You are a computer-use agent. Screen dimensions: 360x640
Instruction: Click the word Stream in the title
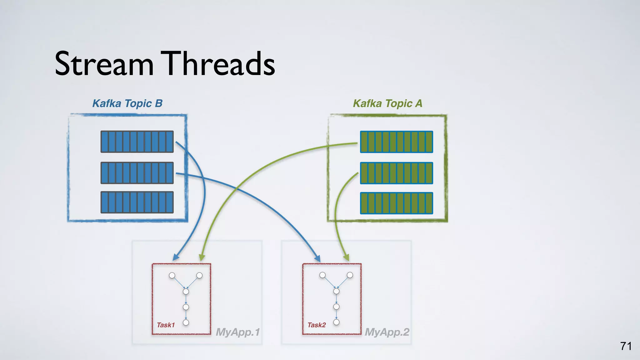pos(104,64)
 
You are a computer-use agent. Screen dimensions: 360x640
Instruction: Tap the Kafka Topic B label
pos(127,103)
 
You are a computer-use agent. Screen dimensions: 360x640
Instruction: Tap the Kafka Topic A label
pos(387,103)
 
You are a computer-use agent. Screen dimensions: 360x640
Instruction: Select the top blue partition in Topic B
pos(137,142)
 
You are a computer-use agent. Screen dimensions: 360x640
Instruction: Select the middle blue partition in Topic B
pos(137,173)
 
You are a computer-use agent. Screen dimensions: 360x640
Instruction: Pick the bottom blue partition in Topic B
pos(137,202)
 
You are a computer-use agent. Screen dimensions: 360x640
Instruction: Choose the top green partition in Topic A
pos(397,142)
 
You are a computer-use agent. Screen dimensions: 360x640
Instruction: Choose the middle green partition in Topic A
pos(397,173)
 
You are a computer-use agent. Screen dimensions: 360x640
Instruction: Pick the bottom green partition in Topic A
pos(397,203)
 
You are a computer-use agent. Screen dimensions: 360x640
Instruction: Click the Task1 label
pos(166,325)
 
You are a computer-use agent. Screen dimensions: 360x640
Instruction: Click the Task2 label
pos(317,325)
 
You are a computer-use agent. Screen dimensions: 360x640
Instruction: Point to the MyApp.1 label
pos(238,332)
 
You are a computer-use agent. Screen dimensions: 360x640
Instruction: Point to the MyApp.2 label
pos(387,332)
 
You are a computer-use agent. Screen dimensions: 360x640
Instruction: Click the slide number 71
pos(626,346)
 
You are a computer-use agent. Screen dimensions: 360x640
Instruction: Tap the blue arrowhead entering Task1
pos(176,257)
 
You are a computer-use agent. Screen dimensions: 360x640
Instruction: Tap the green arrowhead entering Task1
pos(202,257)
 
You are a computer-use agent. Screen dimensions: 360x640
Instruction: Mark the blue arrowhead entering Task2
pos(317,258)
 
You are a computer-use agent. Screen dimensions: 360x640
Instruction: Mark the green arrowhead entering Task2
pos(346,257)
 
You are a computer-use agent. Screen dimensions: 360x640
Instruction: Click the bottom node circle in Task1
pos(186,322)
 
